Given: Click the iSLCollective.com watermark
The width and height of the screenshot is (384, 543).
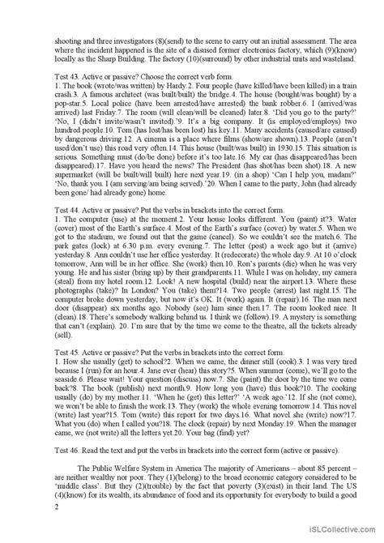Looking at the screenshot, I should [344, 533].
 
